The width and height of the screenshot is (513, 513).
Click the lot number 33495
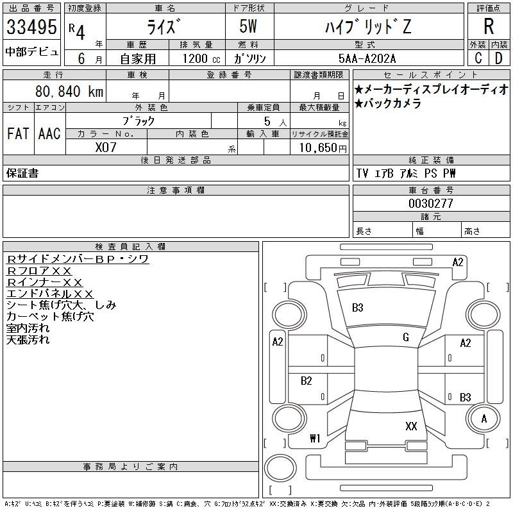(x=31, y=27)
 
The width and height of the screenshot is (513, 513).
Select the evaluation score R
(x=489, y=27)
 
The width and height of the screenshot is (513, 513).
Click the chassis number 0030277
(x=431, y=203)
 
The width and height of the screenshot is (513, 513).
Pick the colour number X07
(x=106, y=147)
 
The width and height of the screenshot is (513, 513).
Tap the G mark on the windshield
(x=406, y=337)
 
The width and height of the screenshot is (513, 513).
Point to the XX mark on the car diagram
(x=412, y=426)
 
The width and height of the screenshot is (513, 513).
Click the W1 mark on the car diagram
(x=314, y=439)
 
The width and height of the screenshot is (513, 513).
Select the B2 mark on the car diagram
(x=307, y=381)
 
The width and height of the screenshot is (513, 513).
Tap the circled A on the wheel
(x=484, y=419)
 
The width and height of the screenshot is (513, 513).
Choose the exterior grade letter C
(x=478, y=58)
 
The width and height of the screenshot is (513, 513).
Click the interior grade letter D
(x=499, y=58)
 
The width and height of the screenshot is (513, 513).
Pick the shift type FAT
(x=18, y=134)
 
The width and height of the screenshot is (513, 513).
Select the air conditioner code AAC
(x=49, y=134)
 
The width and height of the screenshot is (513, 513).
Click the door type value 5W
(x=250, y=27)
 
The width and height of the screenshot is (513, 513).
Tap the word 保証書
(x=22, y=173)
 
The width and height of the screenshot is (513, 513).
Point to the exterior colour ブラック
(x=139, y=120)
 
